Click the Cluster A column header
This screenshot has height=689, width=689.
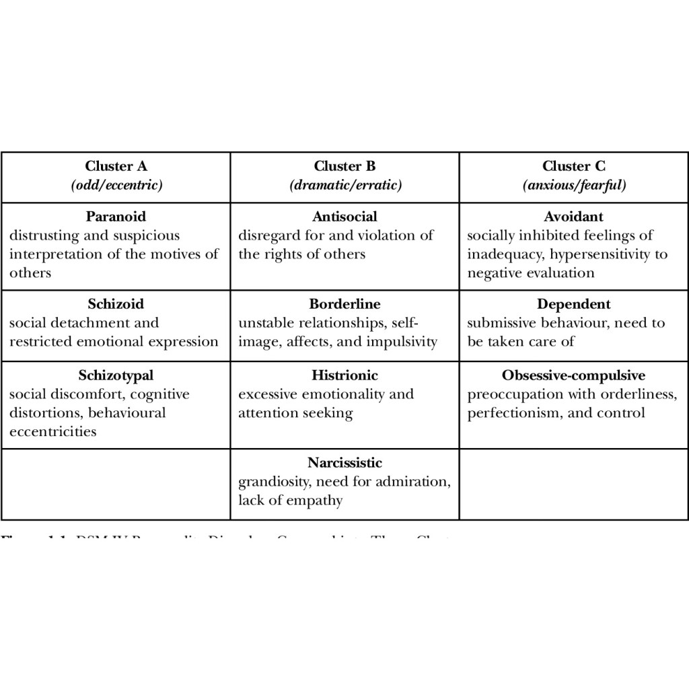[x=116, y=166]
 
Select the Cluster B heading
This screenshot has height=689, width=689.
[x=344, y=166]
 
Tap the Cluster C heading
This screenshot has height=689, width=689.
[x=574, y=166]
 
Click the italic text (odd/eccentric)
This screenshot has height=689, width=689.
[x=116, y=185]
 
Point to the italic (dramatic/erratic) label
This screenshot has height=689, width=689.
[x=345, y=185]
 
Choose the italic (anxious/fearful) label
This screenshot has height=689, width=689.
[x=574, y=185]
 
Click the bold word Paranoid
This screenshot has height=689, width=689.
[x=116, y=217]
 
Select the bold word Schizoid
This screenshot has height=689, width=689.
[x=116, y=304]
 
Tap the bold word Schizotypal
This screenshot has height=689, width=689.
[x=116, y=375]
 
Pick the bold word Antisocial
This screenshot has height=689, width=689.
[x=344, y=217]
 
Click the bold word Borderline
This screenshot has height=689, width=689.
[x=344, y=304]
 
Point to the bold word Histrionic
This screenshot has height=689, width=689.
[x=344, y=375]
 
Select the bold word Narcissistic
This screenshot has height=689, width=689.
[x=344, y=463]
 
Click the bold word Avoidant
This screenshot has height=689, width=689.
[x=574, y=217]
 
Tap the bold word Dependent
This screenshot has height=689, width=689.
[x=574, y=304]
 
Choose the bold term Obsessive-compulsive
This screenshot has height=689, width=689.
[x=573, y=375]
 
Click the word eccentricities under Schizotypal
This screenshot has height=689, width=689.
[x=52, y=432]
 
